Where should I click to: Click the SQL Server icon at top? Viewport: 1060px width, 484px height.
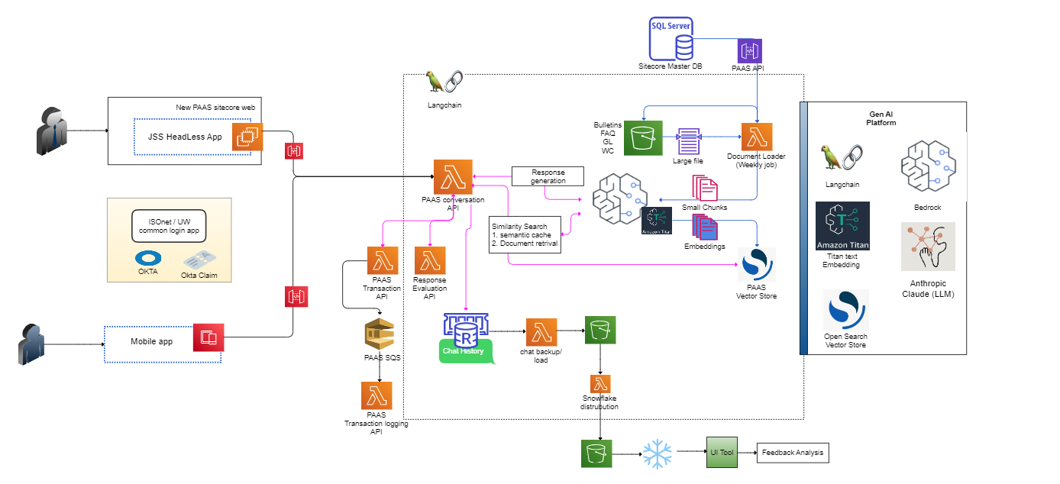(671, 38)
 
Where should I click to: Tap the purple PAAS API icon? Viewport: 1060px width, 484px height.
(748, 51)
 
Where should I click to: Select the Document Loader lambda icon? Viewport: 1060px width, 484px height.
(756, 138)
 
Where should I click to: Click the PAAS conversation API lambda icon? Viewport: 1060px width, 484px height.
(453, 177)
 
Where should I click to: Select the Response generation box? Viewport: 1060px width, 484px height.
(548, 176)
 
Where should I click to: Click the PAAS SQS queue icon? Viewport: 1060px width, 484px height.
(380, 334)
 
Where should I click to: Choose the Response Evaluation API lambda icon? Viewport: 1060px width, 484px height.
(429, 260)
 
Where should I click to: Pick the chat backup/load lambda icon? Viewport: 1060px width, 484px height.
(541, 333)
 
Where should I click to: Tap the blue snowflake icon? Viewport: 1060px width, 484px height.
(657, 453)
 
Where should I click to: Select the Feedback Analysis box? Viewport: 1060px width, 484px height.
(792, 453)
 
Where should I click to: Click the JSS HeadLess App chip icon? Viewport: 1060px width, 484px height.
(247, 137)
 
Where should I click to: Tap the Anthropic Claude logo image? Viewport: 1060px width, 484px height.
(928, 247)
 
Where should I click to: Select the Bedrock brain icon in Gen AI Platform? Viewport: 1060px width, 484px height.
(928, 165)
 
